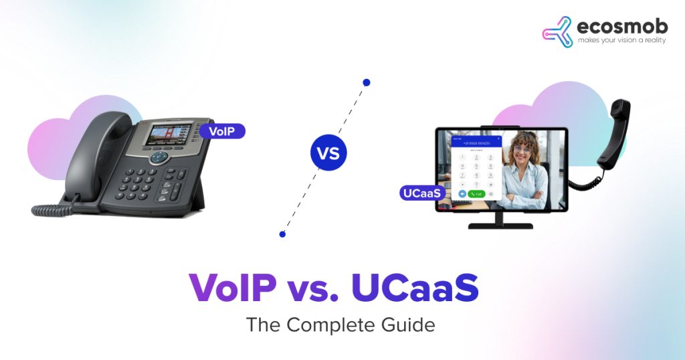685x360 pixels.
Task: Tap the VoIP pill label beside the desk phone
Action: [222, 131]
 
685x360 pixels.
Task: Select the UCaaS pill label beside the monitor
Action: [420, 193]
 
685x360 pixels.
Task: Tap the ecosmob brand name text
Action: [614, 28]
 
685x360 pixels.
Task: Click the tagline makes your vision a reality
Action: [614, 42]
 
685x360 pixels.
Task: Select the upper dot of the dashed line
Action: [366, 82]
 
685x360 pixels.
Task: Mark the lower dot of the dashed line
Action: [282, 234]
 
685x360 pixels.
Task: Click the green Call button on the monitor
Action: [476, 193]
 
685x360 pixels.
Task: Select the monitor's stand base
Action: [500, 225]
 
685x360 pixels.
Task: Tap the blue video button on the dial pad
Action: [462, 193]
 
